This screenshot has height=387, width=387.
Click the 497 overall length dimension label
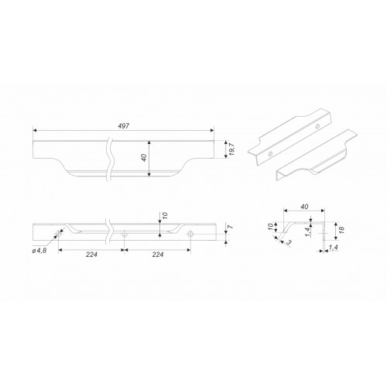point(123,126)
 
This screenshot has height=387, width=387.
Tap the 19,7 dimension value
point(231,149)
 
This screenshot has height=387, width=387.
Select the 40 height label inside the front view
point(144,158)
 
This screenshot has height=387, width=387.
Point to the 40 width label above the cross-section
point(304,207)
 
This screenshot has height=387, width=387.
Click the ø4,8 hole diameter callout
point(39,250)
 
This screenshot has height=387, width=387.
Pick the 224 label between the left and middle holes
point(91,255)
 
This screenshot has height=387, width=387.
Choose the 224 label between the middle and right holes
point(158,255)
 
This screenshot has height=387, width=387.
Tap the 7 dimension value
point(231,227)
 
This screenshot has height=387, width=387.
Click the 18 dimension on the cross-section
point(341,229)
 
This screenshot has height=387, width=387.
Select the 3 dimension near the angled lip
point(289,242)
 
